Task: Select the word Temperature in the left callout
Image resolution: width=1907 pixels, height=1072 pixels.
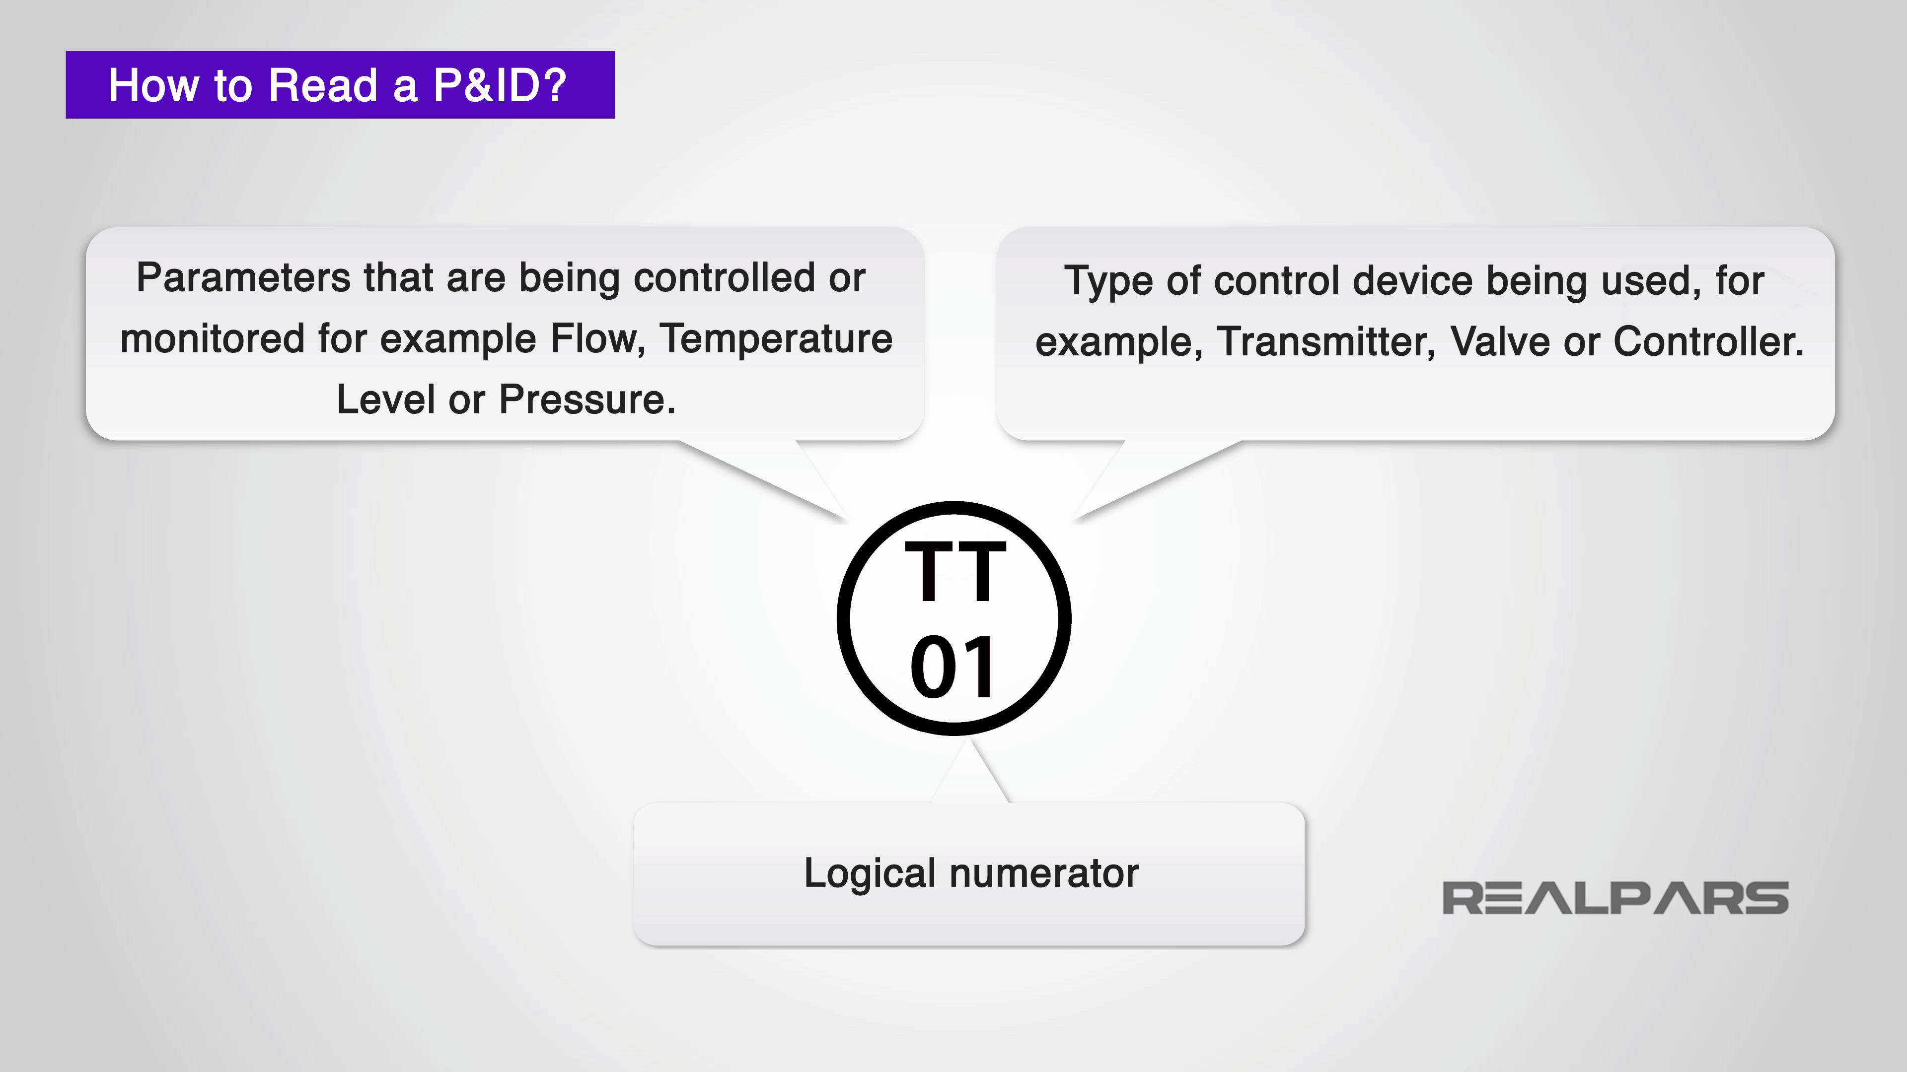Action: coord(776,339)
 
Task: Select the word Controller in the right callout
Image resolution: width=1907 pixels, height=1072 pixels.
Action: coord(1708,342)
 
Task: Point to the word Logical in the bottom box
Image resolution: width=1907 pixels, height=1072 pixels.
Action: coord(870,873)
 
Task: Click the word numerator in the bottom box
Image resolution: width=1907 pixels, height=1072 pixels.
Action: coord(1044,873)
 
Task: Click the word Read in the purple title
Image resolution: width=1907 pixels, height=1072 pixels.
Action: coord(323,85)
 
